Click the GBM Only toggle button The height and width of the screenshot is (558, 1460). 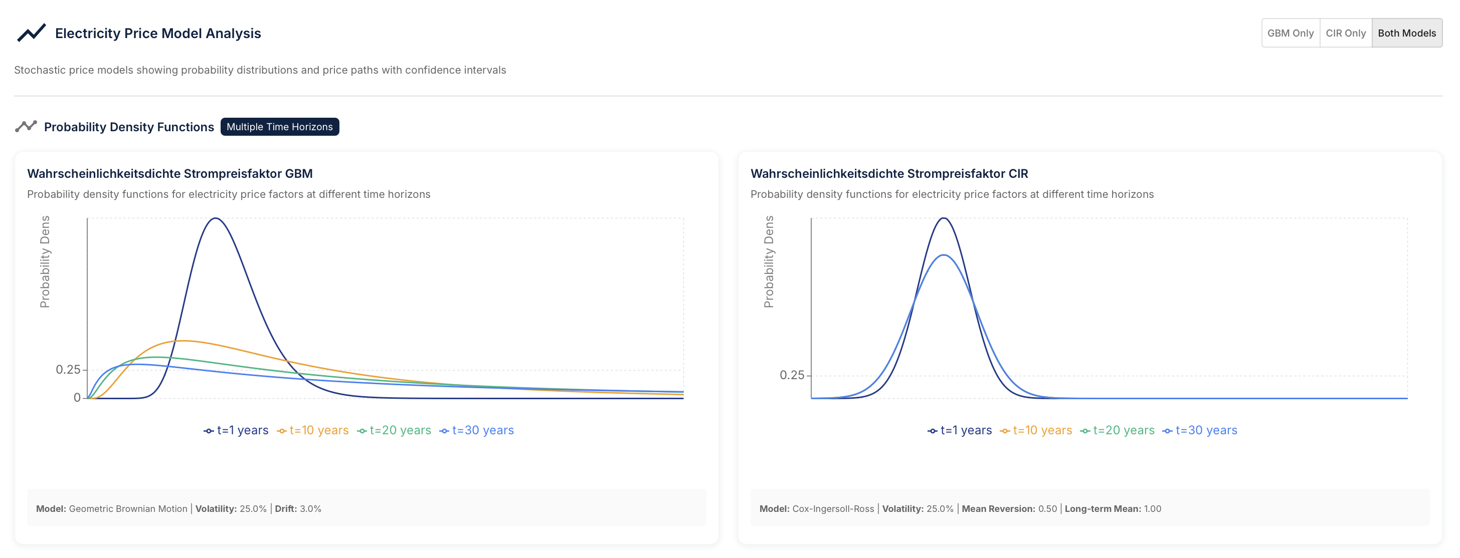(x=1290, y=33)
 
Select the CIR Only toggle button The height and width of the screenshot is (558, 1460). (x=1345, y=33)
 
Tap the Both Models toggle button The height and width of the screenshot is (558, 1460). (x=1406, y=33)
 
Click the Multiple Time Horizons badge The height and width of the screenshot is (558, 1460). (x=279, y=127)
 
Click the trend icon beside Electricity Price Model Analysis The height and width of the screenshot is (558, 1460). (x=31, y=33)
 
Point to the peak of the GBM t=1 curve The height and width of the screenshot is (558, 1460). (x=216, y=219)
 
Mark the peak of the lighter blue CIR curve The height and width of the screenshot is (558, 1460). (x=943, y=255)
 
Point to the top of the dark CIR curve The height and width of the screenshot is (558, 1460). (x=943, y=219)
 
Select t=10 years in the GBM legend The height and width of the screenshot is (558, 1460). (x=313, y=431)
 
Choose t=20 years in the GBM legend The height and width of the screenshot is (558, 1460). (x=395, y=431)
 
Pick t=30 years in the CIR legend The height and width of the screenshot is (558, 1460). (x=1200, y=431)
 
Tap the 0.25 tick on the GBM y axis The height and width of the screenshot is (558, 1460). (x=68, y=370)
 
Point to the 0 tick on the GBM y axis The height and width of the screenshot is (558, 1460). (x=77, y=398)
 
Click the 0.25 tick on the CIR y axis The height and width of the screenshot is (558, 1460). (x=792, y=375)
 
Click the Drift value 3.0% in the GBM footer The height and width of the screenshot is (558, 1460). (x=310, y=509)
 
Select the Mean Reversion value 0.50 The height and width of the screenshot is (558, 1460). (x=1047, y=509)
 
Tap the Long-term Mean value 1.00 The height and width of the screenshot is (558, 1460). (x=1152, y=509)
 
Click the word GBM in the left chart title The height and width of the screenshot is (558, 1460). (x=299, y=174)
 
